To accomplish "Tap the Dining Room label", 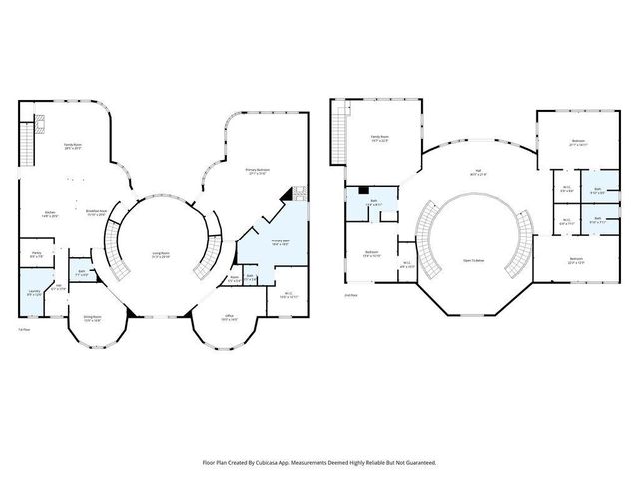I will [92, 319].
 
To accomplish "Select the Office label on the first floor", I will [228, 316].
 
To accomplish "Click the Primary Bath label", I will [280, 241].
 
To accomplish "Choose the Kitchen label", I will [49, 213].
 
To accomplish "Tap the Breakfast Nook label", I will [97, 213].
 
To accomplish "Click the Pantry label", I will [35, 255].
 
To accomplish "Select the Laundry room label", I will [34, 293].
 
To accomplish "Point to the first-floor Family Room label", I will [73, 147].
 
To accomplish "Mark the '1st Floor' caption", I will [24, 330].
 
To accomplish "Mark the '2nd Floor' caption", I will [350, 296].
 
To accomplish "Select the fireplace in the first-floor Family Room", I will [40, 126].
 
